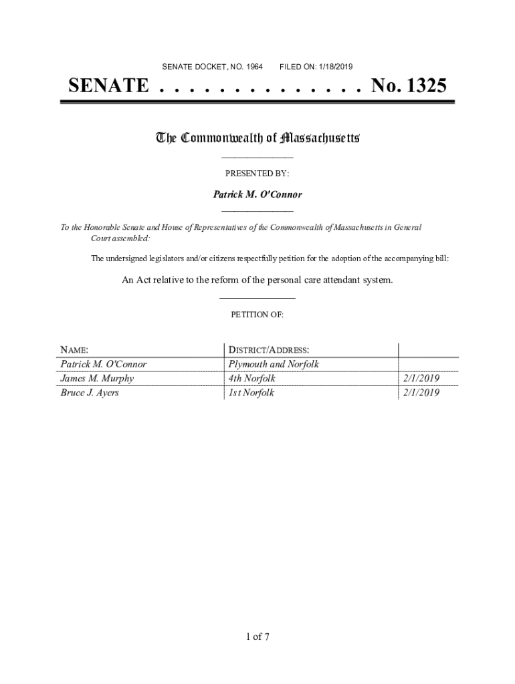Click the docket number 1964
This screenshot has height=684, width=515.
click(253, 67)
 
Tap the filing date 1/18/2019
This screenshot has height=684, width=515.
click(334, 67)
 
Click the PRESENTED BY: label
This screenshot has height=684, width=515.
click(257, 174)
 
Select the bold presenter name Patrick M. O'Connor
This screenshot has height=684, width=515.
click(257, 195)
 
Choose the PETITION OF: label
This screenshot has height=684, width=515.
click(257, 315)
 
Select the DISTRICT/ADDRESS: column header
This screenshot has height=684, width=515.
click(268, 350)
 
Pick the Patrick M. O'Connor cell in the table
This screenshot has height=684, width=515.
click(104, 364)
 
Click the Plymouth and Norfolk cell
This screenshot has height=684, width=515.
click(274, 364)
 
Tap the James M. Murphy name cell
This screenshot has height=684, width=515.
click(97, 379)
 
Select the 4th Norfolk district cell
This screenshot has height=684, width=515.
click(251, 379)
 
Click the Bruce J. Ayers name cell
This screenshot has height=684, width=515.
click(90, 393)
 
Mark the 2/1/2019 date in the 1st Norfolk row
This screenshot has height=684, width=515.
click(421, 393)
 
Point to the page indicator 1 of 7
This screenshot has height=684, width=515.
click(257, 636)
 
